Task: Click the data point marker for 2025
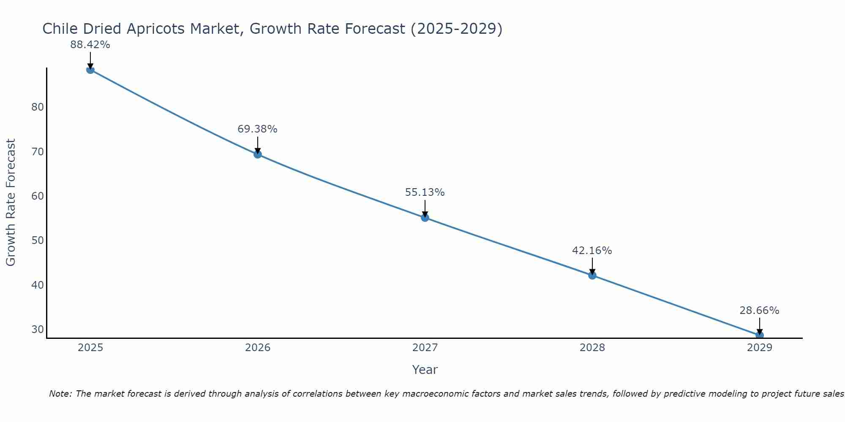[x=90, y=70]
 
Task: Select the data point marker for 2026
[x=258, y=154]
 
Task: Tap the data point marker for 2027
[x=425, y=218]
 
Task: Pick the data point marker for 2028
[x=592, y=276]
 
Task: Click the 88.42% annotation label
[x=90, y=45]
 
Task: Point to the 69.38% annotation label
[x=257, y=129]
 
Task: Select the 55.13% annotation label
[x=425, y=192]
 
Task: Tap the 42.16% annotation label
[x=592, y=251]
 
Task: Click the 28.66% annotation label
[x=759, y=311]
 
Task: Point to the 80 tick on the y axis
[x=38, y=107]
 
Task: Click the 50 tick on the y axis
[x=38, y=241]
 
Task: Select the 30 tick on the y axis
[x=38, y=330]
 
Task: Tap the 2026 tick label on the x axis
[x=258, y=348]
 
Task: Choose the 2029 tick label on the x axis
[x=759, y=348]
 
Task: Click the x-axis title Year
[x=425, y=370]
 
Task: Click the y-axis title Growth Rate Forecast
[x=11, y=203]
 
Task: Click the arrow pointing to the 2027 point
[x=425, y=208]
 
